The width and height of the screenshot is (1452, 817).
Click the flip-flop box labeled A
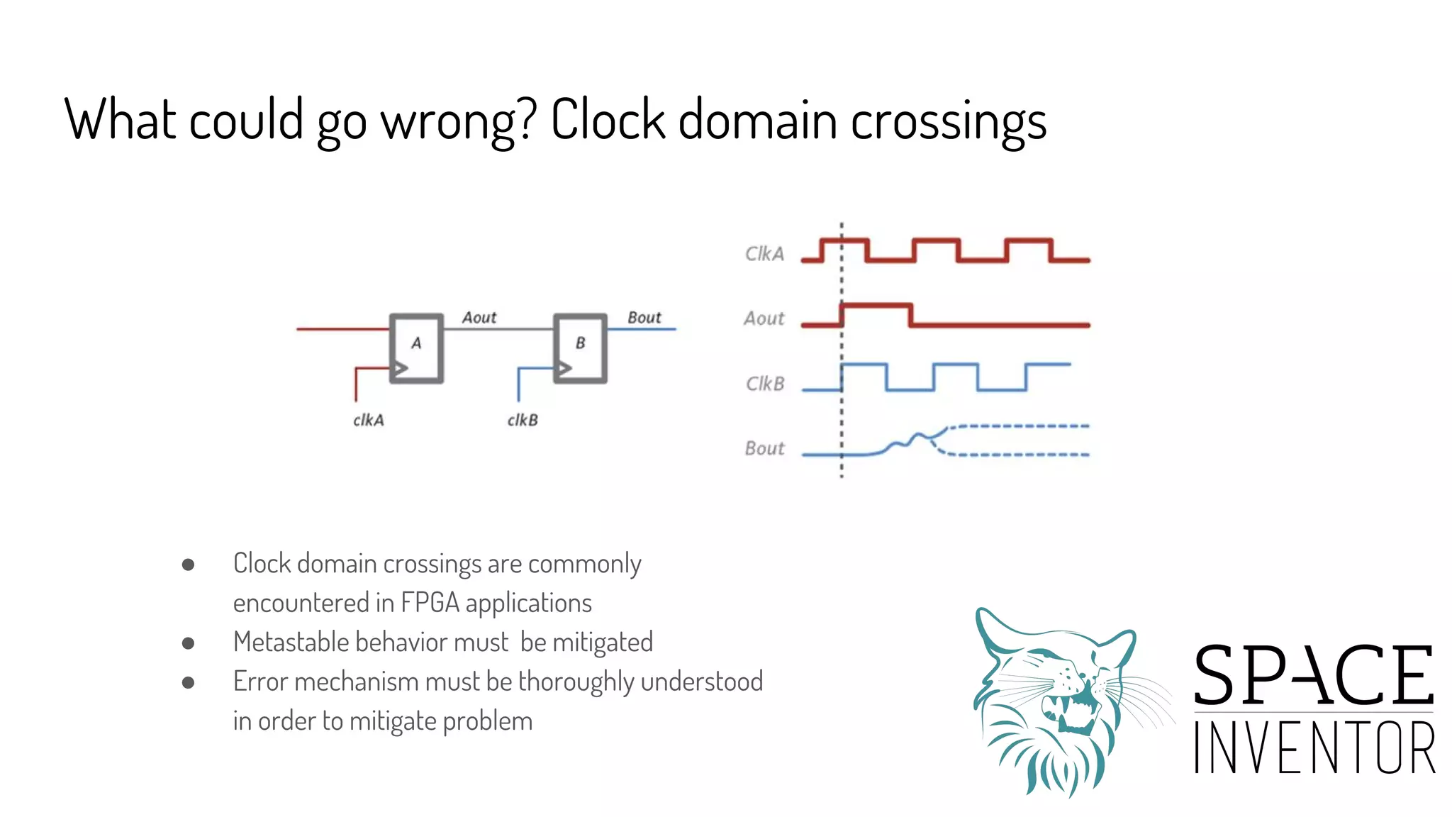[416, 348]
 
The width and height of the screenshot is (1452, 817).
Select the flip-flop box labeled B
[580, 348]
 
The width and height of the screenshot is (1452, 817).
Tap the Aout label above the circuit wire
[479, 318]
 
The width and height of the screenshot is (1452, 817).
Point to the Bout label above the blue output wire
[644, 318]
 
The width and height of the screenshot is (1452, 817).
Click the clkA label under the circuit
[369, 421]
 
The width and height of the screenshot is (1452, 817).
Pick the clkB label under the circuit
[523, 421]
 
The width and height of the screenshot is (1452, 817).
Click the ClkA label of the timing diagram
[764, 254]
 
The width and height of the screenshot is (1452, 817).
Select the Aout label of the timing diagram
[764, 318]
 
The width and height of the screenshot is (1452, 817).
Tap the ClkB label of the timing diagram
[765, 384]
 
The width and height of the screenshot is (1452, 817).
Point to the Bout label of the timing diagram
[764, 448]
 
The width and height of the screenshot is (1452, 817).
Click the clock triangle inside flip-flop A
[401, 369]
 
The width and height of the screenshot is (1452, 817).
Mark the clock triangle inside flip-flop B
[564, 369]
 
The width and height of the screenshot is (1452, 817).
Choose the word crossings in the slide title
[948, 121]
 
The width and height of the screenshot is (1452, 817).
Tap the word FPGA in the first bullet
[430, 603]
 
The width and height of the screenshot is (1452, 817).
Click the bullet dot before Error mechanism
[188, 682]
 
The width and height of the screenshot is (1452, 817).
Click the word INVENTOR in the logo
[1314, 747]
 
